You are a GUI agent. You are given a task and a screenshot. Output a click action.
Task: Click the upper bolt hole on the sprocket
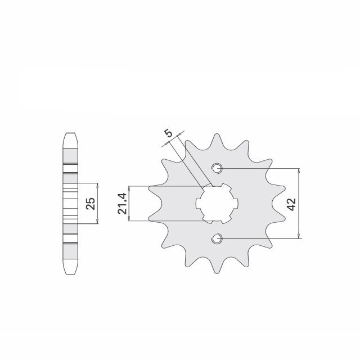tap(218, 168)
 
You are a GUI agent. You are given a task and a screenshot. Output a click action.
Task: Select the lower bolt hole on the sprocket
tap(218, 239)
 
